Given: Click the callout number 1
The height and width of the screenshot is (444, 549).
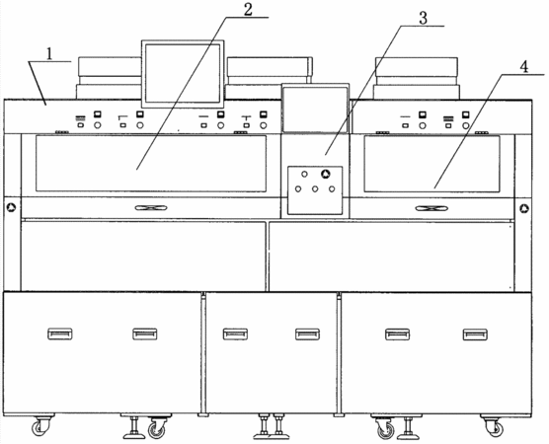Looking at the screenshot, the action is pyautogui.click(x=49, y=54).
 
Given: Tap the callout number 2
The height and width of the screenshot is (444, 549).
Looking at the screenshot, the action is pyautogui.click(x=248, y=10).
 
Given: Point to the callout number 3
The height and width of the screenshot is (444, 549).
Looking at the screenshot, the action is pyautogui.click(x=423, y=18).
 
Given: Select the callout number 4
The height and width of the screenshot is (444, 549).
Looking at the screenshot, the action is pyautogui.click(x=523, y=67).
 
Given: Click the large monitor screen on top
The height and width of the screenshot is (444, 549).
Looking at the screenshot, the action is pyautogui.click(x=183, y=74).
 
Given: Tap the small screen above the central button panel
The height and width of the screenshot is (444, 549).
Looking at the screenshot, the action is pyautogui.click(x=315, y=109).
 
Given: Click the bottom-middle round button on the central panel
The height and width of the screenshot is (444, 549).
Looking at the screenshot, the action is pyautogui.click(x=315, y=189).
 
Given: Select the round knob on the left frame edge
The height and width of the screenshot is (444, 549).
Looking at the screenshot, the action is pyautogui.click(x=12, y=208).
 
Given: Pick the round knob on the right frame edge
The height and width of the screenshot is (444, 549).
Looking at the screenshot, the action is pyautogui.click(x=524, y=209).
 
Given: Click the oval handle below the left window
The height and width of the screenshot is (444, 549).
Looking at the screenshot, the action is pyautogui.click(x=151, y=208).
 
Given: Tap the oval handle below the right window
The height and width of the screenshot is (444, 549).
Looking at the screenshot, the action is pyautogui.click(x=431, y=208).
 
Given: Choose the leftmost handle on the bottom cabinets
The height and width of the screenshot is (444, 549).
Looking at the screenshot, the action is pyautogui.click(x=60, y=333).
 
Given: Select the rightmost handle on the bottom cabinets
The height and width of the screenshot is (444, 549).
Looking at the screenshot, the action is pyautogui.click(x=475, y=334).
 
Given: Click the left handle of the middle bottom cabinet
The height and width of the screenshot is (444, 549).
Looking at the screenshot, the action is pyautogui.click(x=235, y=334).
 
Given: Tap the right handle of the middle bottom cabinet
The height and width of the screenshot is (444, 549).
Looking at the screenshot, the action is pyautogui.click(x=307, y=334).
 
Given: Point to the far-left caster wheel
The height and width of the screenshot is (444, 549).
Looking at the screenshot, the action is pyautogui.click(x=39, y=427).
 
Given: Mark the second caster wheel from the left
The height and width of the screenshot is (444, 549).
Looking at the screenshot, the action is pyautogui.click(x=156, y=429).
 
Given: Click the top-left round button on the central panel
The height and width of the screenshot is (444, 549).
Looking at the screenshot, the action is pyautogui.click(x=304, y=175).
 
